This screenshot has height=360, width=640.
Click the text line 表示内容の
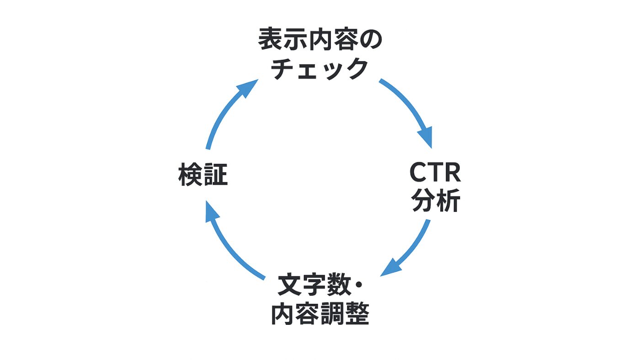click(320, 41)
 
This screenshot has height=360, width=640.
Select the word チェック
click(320, 69)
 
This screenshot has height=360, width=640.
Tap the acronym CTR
click(435, 173)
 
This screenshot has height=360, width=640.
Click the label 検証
click(203, 176)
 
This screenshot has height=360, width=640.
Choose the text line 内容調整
click(320, 314)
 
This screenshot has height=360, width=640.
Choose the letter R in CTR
click(452, 173)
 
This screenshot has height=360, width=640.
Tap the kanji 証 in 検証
click(215, 176)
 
